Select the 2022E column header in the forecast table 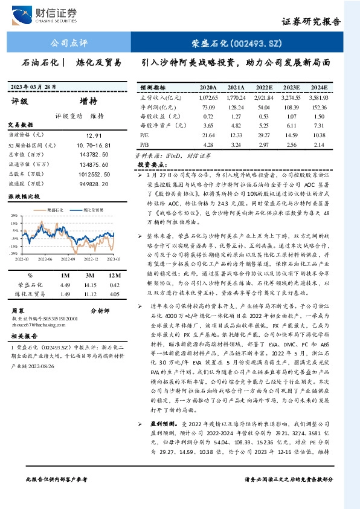coord(263,87)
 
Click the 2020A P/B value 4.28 coord(209,146)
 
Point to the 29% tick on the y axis coord(13,215)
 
